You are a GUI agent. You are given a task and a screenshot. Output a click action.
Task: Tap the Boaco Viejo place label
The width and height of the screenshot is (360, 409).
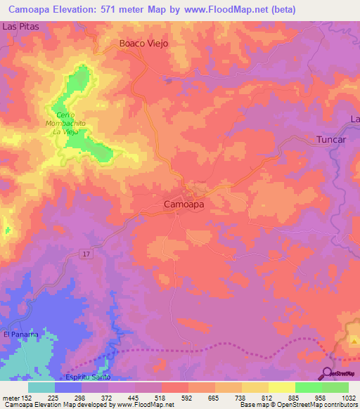click(x=144, y=43)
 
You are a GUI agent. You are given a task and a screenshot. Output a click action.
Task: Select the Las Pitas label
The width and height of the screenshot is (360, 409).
click(x=19, y=25)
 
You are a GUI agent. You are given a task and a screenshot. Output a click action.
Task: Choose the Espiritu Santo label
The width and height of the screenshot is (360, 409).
click(x=86, y=377)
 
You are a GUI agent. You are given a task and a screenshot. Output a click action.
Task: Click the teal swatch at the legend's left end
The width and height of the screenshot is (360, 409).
click(x=41, y=387)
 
